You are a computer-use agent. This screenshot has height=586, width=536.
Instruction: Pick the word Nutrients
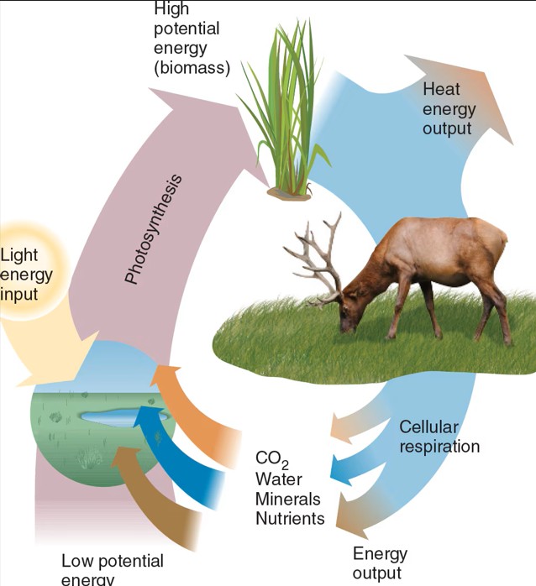pos(290,518)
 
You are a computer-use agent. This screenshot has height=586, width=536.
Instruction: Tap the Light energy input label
pos(25,275)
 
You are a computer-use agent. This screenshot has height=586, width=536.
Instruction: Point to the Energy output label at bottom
pos(380,563)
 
